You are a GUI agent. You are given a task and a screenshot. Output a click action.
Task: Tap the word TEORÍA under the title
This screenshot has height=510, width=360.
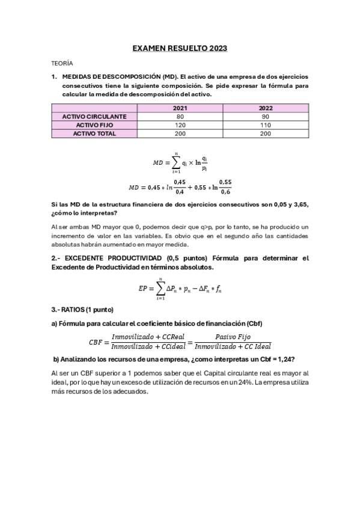pos(62,63)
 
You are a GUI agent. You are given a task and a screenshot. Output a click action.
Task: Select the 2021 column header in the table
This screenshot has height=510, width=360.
pos(180,108)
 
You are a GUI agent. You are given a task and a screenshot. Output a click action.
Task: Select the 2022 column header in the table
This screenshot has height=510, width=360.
pos(266,108)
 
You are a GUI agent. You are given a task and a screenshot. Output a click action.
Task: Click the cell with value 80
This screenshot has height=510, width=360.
pos(180,116)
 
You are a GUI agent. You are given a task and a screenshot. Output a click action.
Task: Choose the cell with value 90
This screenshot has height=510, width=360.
pos(266,116)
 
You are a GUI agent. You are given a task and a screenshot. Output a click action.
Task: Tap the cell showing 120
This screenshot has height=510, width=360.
pos(180,124)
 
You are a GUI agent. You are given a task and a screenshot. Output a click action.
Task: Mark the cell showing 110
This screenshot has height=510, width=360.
pos(266,124)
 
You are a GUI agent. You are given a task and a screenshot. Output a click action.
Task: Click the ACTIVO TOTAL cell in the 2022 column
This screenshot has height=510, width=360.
pos(266,134)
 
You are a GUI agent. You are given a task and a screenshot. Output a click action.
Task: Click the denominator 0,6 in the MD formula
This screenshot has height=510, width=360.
pos(225,192)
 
